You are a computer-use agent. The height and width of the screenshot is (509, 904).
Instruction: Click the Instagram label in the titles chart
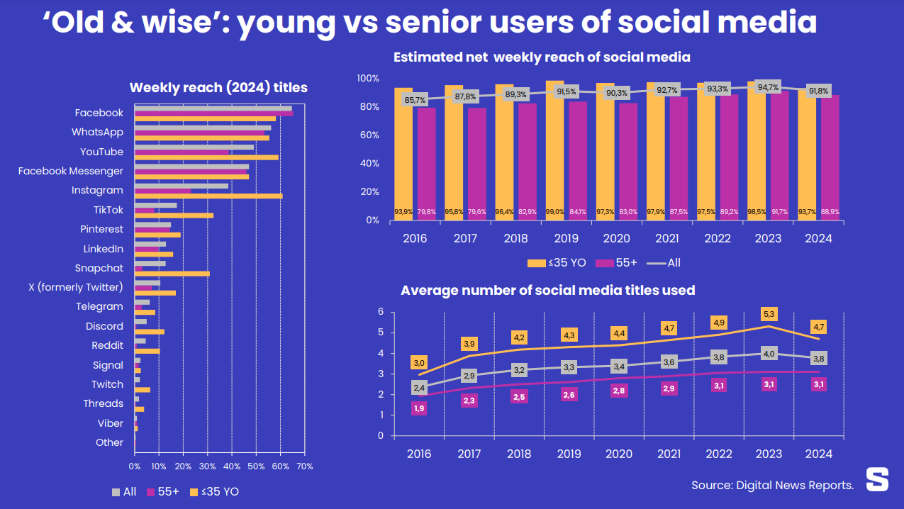97,190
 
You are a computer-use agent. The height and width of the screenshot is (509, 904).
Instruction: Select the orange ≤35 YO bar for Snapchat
172,274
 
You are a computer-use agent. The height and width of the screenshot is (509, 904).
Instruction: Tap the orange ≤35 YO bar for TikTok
174,216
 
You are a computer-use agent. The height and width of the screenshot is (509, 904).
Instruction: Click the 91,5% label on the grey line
567,91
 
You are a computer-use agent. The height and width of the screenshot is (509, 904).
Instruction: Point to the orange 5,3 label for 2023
769,313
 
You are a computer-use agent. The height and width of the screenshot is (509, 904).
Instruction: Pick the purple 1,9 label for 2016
418,408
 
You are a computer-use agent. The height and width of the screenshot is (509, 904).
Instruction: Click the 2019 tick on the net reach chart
567,239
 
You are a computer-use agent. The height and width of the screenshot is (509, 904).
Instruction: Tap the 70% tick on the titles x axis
304,466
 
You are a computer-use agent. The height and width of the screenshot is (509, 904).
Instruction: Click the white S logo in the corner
877,479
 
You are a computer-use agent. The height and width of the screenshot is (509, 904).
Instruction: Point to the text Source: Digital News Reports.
772,485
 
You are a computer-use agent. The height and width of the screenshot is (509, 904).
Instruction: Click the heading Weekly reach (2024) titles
218,88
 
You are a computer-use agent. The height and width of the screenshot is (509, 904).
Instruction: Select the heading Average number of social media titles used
547,290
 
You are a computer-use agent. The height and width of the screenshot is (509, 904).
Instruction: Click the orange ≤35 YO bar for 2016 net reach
403,154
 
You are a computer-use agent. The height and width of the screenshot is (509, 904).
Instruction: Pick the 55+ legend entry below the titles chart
164,491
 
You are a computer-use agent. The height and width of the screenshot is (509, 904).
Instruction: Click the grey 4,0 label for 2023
769,354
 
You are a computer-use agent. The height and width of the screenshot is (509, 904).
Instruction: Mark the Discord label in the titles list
104,326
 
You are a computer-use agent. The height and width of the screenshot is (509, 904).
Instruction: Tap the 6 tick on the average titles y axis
381,312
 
